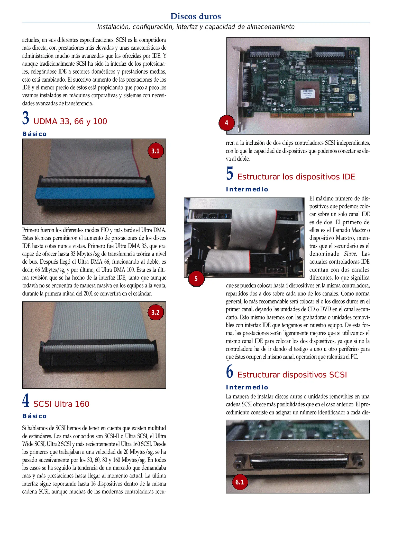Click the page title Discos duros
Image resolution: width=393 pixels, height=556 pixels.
pyautogui.click(x=196, y=16)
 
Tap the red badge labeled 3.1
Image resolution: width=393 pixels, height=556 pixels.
pyautogui.click(x=156, y=151)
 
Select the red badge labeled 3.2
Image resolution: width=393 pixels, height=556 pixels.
pyautogui.click(x=156, y=312)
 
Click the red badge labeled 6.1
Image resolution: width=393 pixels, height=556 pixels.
pyautogui.click(x=240, y=482)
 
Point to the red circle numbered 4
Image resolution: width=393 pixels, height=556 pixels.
pyautogui.click(x=226, y=123)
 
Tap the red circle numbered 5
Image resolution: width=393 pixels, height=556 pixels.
pyautogui.click(x=196, y=279)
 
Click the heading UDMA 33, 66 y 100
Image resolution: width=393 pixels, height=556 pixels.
pyautogui.click(x=70, y=121)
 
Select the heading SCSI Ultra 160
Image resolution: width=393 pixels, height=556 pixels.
pyautogui.click(x=61, y=404)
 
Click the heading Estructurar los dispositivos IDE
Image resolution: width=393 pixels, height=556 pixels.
pyautogui.click(x=296, y=177)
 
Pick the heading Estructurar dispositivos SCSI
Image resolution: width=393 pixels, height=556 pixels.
pyautogui.click(x=292, y=375)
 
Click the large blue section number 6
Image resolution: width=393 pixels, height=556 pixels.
pyautogui.click(x=230, y=372)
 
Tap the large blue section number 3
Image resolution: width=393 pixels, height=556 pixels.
pyautogui.click(x=25, y=118)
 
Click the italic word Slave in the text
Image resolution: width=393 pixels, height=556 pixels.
pyautogui.click(x=350, y=254)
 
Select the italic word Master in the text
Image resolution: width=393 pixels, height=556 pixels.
pyautogui.click(x=358, y=230)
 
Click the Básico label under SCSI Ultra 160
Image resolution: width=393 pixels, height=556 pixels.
pyautogui.click(x=34, y=416)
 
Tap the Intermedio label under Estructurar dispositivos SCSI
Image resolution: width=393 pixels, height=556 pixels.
pyautogui.click(x=247, y=387)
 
